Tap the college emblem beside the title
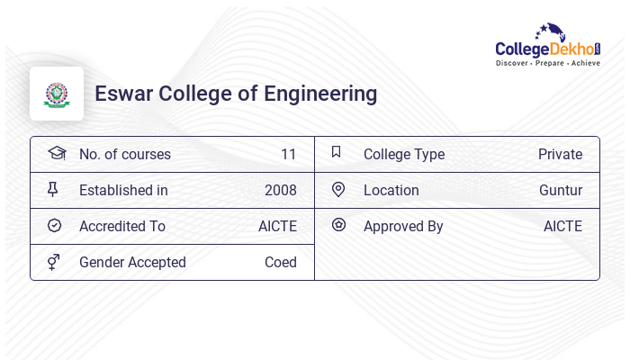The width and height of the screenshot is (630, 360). pos(57,94)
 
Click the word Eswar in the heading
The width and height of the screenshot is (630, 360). pos(120,94)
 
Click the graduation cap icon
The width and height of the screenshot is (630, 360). pos(56,153)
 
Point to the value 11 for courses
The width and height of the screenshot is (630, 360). pos(288,155)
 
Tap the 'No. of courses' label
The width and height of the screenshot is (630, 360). pos(124,155)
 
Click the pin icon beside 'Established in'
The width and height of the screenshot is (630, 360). pos(54,189)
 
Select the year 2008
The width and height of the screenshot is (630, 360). pos(280,191)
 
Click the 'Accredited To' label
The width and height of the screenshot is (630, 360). pos(121,227)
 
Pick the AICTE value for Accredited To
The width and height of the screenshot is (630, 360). pos(277,227)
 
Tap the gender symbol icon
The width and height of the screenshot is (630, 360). pos(54,262)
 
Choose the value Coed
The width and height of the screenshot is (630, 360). pos(280,263)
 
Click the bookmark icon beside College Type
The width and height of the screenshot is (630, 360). pos(337,152)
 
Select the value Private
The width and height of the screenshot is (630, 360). pos(560,155)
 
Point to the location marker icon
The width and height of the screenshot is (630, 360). pos(338,189)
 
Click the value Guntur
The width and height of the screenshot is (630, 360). pos(561,191)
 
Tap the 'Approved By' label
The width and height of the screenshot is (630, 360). pos(403,227)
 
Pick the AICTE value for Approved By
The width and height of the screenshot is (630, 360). pos(562,227)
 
